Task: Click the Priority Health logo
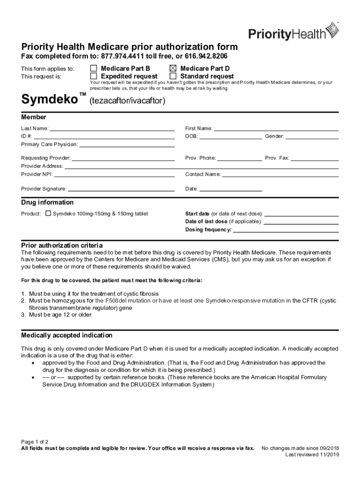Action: click(x=293, y=32)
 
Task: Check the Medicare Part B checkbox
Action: click(x=94, y=68)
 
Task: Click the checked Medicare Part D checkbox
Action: click(x=173, y=68)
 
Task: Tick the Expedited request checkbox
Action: click(x=94, y=76)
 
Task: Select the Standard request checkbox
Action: click(x=173, y=76)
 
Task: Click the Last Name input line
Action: click(x=112, y=129)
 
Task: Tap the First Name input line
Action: click(x=276, y=129)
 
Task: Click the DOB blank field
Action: click(x=231, y=137)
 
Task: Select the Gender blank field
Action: click(x=312, y=137)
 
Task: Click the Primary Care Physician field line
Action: click(x=127, y=145)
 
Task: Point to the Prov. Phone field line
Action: click(x=240, y=159)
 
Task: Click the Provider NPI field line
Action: click(x=114, y=175)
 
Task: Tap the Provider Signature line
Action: click(x=121, y=190)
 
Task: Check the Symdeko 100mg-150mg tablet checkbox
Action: click(x=48, y=214)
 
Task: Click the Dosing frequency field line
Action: click(x=286, y=230)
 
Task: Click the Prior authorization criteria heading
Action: click(x=62, y=246)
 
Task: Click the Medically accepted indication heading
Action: click(x=66, y=335)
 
